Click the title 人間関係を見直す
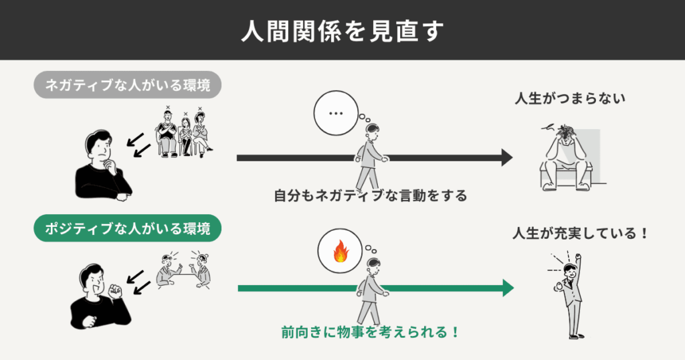pyautogui.click(x=342, y=30)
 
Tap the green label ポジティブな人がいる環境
pyautogui.click(x=128, y=230)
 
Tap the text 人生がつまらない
pyautogui.click(x=570, y=99)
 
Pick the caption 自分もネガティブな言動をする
pyautogui.click(x=370, y=196)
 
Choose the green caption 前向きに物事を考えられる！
pyautogui.click(x=370, y=331)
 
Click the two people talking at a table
pyautogui.click(x=184, y=270)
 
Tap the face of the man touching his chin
pyautogui.click(x=98, y=147)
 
